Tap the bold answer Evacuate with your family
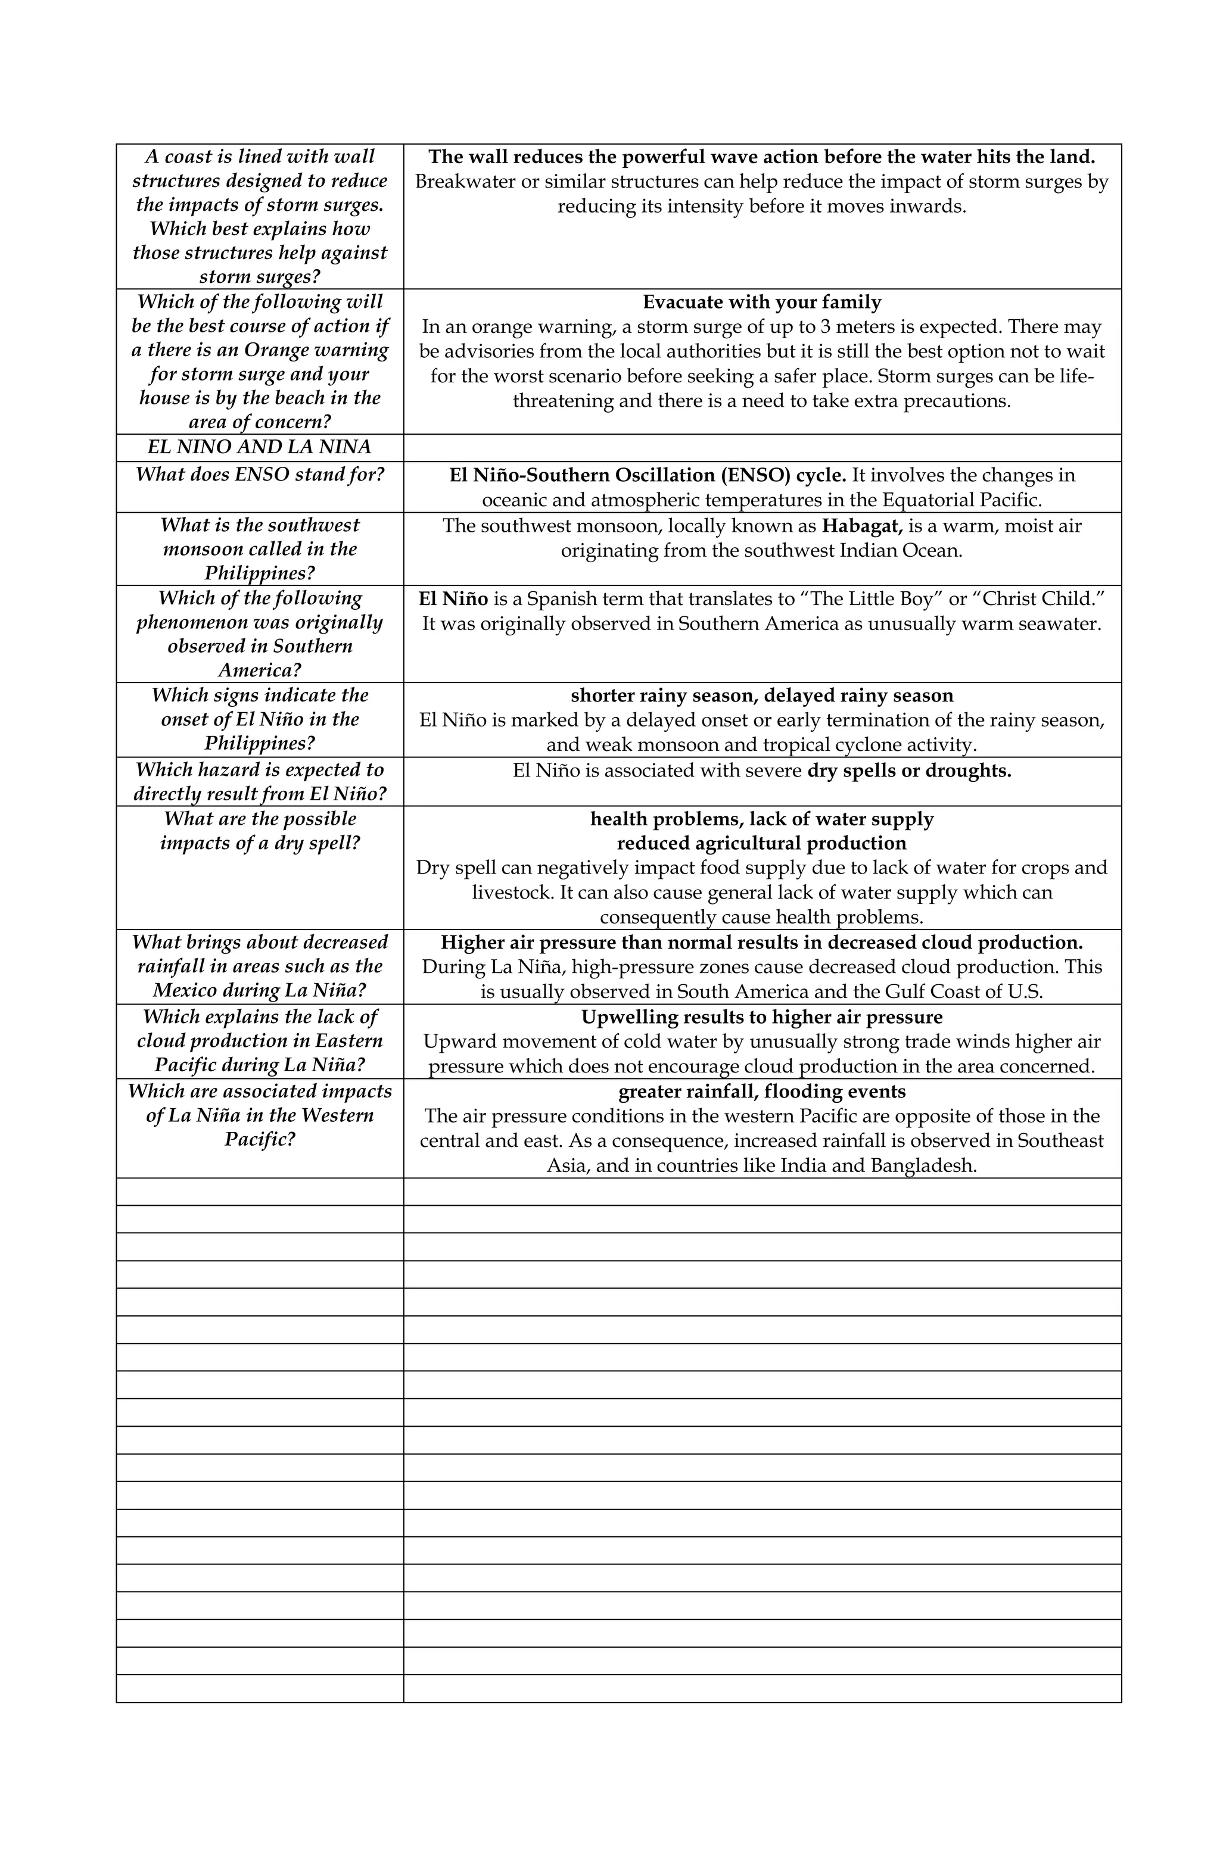point(761,302)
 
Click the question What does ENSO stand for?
point(260,475)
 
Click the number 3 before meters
point(825,327)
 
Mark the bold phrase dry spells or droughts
point(908,771)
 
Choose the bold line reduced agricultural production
point(761,844)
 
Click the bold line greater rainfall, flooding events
point(761,1091)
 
